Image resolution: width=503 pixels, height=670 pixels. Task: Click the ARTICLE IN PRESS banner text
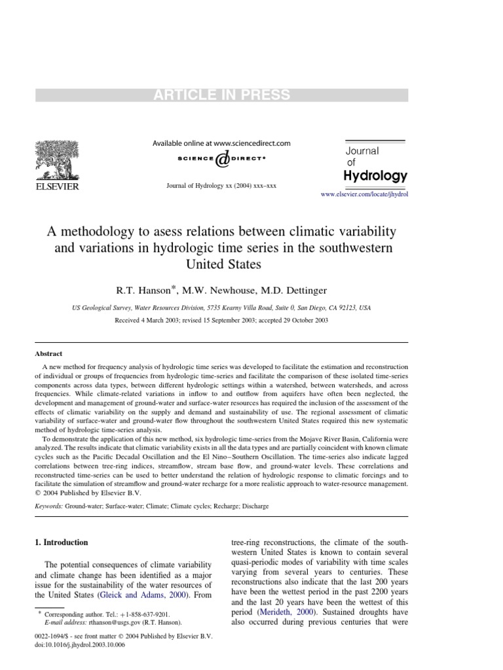(x=221, y=95)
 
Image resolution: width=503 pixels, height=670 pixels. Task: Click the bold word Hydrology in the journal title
(x=375, y=175)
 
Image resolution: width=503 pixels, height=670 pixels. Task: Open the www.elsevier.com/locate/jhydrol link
(x=363, y=195)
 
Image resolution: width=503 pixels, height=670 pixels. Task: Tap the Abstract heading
(x=48, y=353)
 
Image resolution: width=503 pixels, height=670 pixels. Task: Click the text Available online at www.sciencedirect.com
(x=221, y=143)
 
